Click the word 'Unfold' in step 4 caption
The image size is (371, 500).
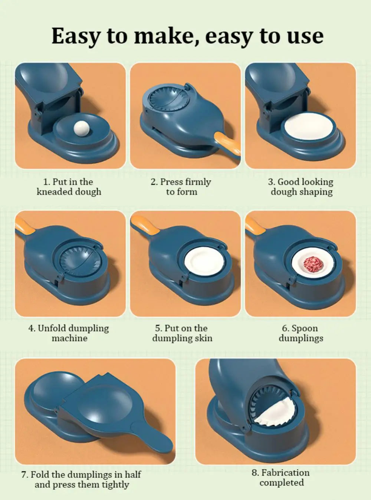click(52, 328)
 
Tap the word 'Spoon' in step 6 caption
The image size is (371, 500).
click(305, 328)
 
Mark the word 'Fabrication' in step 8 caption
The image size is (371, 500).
click(285, 473)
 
